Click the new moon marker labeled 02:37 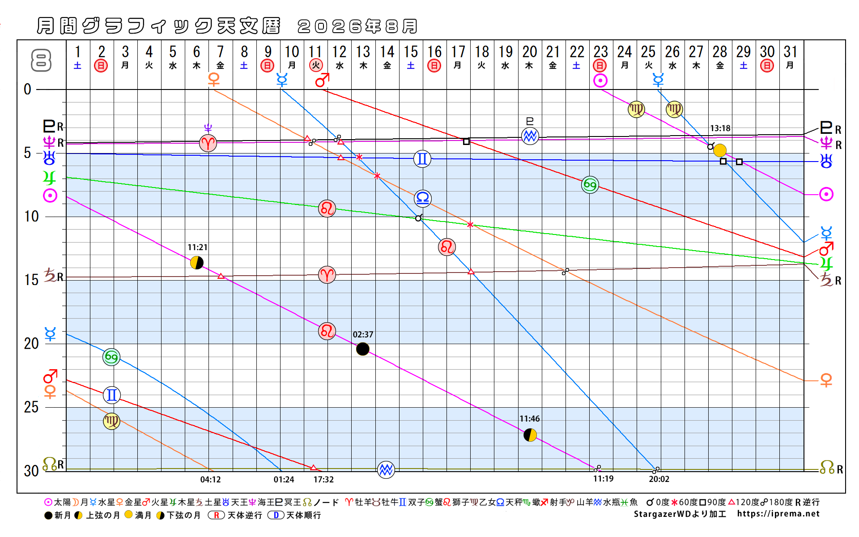coord(362,349)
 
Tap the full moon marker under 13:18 coord(719,150)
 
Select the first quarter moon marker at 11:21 coord(197,263)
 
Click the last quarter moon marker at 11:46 coord(530,435)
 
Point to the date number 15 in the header coord(411,52)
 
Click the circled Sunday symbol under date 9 coord(268,66)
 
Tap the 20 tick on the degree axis coord(31,344)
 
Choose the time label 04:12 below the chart coord(210,480)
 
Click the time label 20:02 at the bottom coord(659,479)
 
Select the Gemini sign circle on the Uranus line coord(422,159)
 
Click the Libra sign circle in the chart coord(423,198)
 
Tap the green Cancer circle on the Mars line coord(590,185)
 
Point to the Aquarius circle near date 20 coord(530,136)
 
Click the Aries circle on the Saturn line coord(327,275)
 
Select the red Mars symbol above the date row coord(322,81)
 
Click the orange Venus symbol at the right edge coord(826,380)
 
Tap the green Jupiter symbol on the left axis coord(49,178)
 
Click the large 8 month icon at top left coord(41,60)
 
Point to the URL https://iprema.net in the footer coord(778,514)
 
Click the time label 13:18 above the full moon coord(720,128)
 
